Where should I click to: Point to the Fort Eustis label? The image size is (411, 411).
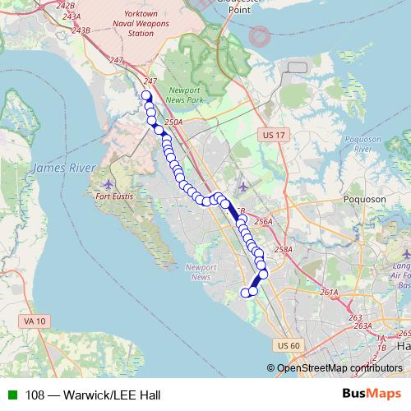(x=114, y=197)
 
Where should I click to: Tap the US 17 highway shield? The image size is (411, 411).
(x=273, y=134)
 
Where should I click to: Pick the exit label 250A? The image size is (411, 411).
(x=173, y=122)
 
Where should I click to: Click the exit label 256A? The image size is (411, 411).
(x=263, y=222)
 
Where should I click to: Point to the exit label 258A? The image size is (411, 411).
(x=283, y=249)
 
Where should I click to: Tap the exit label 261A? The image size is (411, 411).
(x=330, y=292)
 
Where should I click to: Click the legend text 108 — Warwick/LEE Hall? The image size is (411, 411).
(x=92, y=395)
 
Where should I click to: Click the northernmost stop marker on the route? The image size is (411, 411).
(x=147, y=95)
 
